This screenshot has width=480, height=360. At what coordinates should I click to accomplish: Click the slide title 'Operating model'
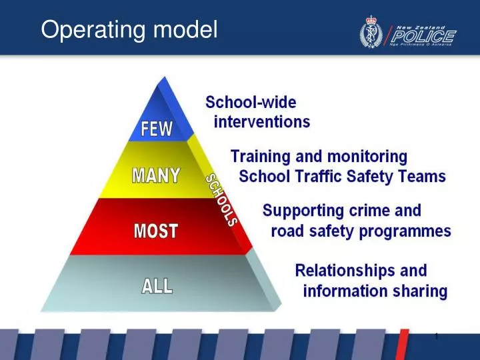click(129, 29)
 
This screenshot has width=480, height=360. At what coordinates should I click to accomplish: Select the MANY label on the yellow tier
click(155, 176)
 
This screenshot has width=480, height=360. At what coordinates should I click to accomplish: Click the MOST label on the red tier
click(156, 231)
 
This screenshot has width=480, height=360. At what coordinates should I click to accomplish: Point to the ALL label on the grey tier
click(157, 286)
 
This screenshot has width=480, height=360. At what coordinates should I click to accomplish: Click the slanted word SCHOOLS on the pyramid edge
click(221, 199)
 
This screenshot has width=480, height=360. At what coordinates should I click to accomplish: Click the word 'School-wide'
click(251, 103)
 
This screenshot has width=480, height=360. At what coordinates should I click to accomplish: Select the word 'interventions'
click(261, 122)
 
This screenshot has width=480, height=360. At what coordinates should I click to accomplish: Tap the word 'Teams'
click(423, 177)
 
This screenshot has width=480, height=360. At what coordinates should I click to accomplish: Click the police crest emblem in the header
click(370, 31)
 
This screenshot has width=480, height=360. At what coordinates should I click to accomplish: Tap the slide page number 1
click(436, 336)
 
